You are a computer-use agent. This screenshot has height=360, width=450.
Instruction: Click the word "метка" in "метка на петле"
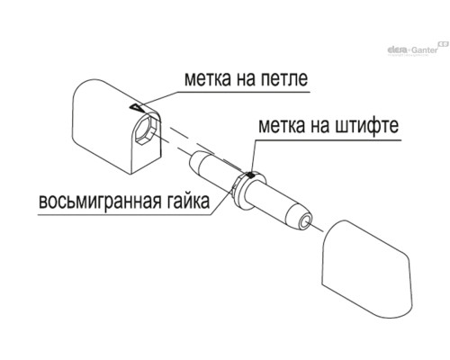pos(207,79)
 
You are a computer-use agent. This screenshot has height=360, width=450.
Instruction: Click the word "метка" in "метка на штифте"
pos(282,126)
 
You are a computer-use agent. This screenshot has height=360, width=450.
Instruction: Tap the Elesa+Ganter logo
pos(418,49)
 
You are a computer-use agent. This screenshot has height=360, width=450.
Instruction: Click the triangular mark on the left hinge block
pos(136,107)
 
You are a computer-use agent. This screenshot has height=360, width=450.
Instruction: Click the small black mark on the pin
pos(249,175)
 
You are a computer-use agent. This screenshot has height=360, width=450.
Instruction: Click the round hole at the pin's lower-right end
pos(305,222)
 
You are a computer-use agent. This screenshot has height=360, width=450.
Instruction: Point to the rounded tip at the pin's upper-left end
pos(193,161)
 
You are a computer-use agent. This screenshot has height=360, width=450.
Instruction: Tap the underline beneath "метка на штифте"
pos(328,139)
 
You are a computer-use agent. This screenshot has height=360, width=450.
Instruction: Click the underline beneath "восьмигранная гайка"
pos(124,215)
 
